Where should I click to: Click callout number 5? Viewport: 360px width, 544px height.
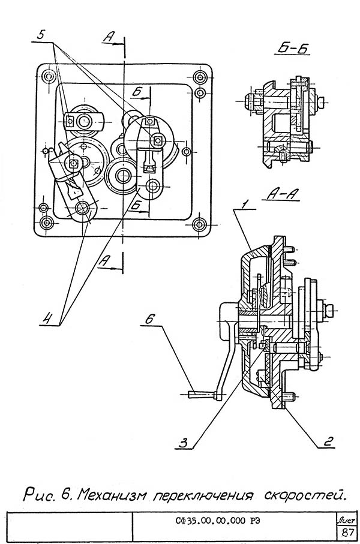(41, 35)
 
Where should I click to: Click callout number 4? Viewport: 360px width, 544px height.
(49, 318)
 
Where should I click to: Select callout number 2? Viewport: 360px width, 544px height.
(328, 441)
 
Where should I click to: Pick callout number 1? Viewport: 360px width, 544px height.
(244, 204)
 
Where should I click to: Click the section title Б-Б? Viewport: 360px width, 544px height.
(293, 49)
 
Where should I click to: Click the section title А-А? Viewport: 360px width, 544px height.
(283, 195)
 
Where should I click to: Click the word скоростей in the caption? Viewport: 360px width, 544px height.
(305, 494)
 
